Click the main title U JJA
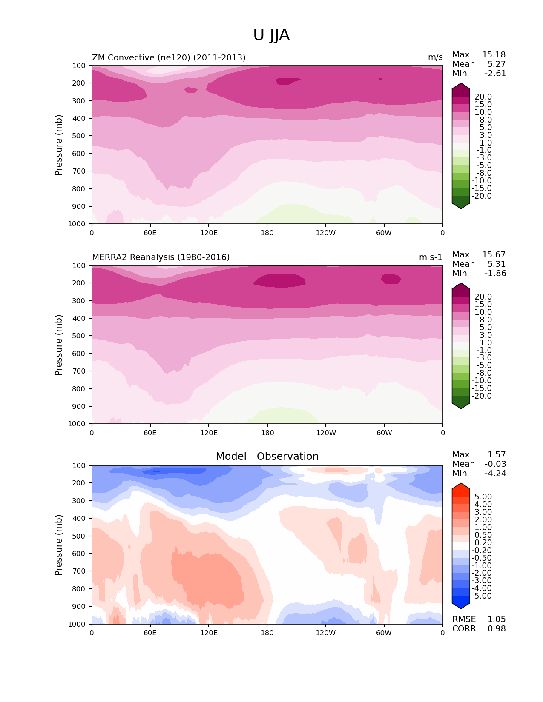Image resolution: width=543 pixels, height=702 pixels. point(271,35)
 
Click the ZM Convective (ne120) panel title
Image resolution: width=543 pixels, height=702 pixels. point(169,57)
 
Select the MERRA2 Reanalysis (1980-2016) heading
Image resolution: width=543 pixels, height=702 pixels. point(161,257)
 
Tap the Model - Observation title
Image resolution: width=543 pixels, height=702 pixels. point(267,457)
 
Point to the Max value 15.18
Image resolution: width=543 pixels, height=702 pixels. point(494,55)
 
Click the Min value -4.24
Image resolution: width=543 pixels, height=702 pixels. point(495,474)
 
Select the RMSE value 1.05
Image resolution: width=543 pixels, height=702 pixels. point(497,619)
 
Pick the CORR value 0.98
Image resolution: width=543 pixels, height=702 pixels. point(497,629)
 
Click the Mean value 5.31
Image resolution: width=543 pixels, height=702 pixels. point(496,264)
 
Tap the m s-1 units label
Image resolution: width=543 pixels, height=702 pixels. point(431,257)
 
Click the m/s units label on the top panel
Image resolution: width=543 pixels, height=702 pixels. point(435,57)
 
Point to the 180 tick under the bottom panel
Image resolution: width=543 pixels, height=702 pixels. point(267,633)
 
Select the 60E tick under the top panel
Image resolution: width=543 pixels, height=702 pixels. point(150,233)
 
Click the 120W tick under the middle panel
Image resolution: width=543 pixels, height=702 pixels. point(326,433)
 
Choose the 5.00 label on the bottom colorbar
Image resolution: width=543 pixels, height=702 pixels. point(483,497)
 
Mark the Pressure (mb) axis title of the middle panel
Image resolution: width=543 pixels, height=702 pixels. point(59,345)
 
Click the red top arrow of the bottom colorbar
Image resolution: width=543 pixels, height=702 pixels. point(461,487)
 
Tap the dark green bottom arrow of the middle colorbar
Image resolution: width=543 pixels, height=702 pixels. point(461,405)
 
